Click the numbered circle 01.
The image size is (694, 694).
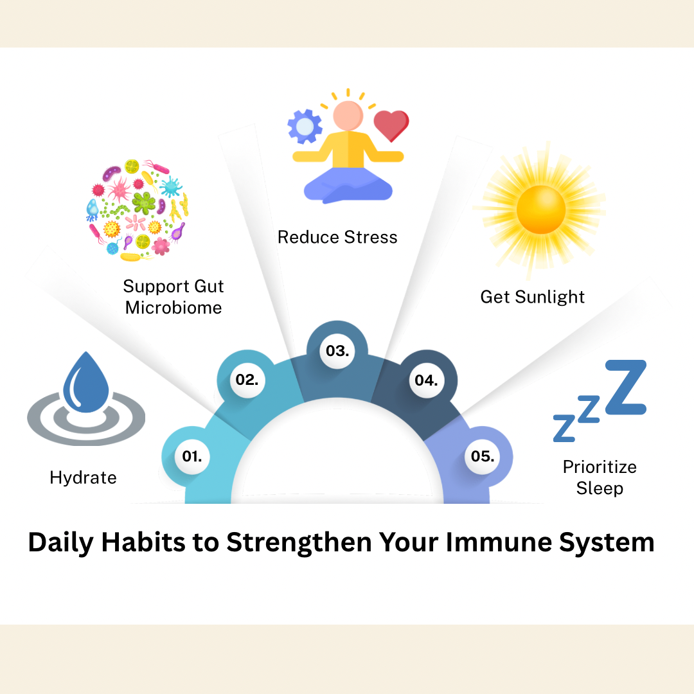pos(192,456)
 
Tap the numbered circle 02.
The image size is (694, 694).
pos(247,380)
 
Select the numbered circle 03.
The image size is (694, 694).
pos(337,351)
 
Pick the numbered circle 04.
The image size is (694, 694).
pos(425,380)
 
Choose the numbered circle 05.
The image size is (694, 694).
pos(482,456)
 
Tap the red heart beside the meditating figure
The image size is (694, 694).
pos(391,125)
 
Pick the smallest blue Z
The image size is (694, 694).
pos(564,427)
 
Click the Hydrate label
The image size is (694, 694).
pos(83,477)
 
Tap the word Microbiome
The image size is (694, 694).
pos(173,307)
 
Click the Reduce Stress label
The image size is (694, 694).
pos(337,237)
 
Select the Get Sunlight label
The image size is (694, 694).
pos(533,297)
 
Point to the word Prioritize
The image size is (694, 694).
pos(600,467)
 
